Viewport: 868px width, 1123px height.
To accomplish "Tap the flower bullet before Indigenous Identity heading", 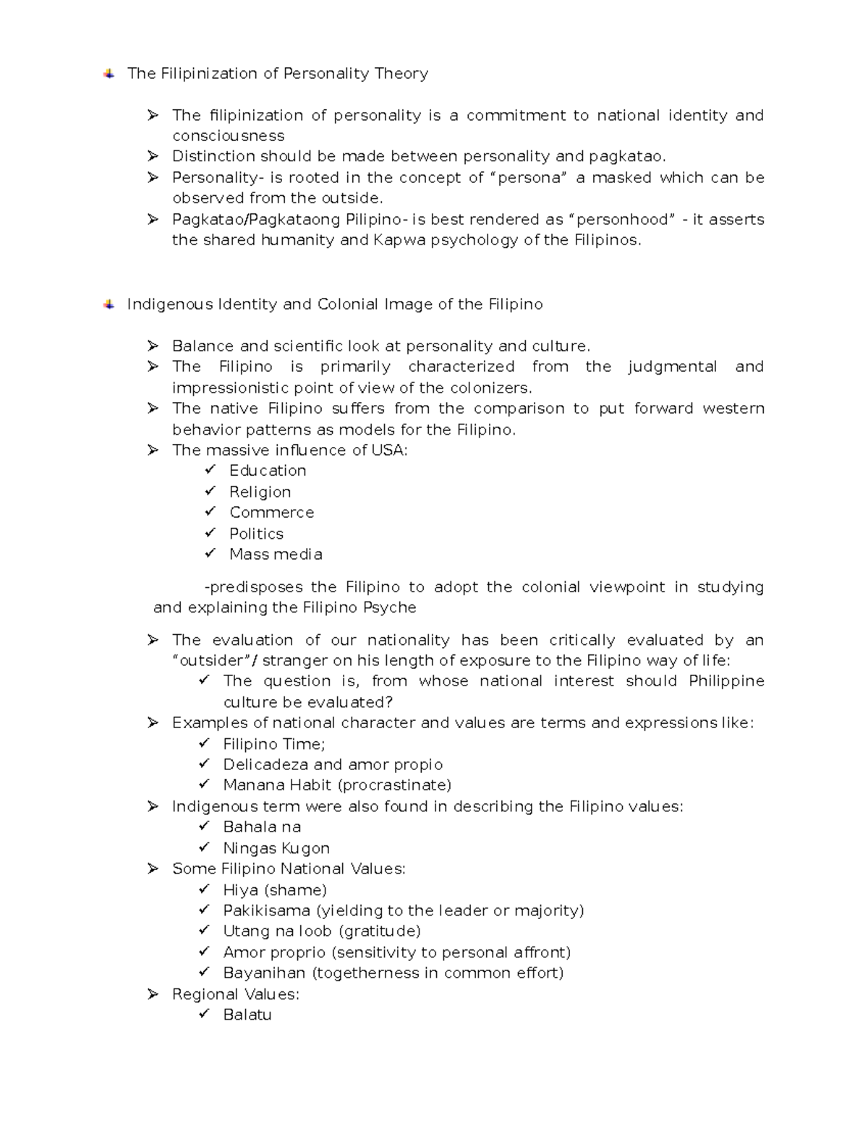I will [x=109, y=304].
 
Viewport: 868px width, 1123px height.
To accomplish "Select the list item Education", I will [x=268, y=471].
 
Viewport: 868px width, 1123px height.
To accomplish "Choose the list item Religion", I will [x=260, y=492].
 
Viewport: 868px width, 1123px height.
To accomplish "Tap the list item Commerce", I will [x=271, y=513].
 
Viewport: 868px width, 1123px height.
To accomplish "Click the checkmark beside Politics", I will [x=210, y=533].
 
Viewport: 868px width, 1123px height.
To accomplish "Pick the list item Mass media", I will [x=276, y=555].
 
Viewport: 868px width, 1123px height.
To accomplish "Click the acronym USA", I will [x=389, y=451].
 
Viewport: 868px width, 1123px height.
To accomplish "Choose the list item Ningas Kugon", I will [x=276, y=848].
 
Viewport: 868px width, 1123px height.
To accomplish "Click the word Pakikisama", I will [x=266, y=911].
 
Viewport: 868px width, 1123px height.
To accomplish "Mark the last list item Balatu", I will [x=247, y=1015].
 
